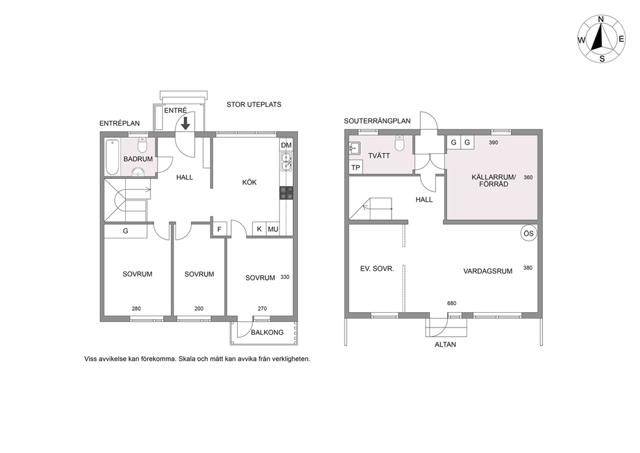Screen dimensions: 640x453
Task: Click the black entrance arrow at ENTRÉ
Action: tap(185, 123)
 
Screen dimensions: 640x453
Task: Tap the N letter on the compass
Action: tap(601, 19)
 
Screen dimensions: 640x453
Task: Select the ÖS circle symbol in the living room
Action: tap(528, 233)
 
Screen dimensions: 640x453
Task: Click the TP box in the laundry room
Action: tap(355, 167)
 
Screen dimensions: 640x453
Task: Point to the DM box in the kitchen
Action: tap(286, 145)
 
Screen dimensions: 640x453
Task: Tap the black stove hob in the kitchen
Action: tap(286, 193)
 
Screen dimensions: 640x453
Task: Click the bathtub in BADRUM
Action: tap(112, 158)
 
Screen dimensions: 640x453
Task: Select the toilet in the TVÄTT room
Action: tap(399, 143)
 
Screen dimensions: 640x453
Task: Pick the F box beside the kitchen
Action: tap(219, 229)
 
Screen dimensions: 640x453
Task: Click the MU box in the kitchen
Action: tap(273, 229)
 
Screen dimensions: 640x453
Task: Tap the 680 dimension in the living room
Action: tap(452, 303)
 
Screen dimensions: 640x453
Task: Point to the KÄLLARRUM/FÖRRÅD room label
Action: tap(494, 181)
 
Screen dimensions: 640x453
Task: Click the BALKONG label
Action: tap(267, 332)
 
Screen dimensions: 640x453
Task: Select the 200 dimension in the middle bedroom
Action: tap(199, 309)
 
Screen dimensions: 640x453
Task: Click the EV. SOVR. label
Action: tap(377, 269)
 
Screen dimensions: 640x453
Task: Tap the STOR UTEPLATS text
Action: tap(254, 105)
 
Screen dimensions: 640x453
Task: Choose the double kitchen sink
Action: tap(286, 162)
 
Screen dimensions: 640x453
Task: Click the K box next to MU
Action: tap(259, 229)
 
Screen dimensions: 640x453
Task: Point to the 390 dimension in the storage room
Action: tap(494, 143)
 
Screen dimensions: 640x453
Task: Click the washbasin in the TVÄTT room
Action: tap(355, 149)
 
